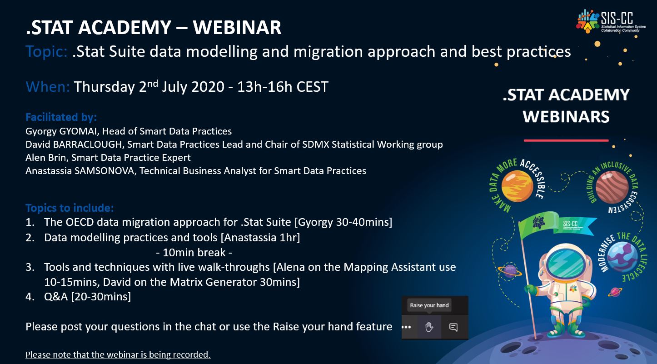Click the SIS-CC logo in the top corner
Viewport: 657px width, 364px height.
tap(611, 21)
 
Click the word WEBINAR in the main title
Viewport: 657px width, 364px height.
tap(237, 28)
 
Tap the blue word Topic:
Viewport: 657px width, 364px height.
tap(47, 52)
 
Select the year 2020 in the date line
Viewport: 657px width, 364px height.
tap(208, 87)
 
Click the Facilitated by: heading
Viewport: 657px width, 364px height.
tap(61, 117)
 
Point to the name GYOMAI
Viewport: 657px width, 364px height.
tap(78, 131)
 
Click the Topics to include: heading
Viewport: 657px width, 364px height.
tap(70, 208)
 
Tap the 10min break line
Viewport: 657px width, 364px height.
tap(194, 252)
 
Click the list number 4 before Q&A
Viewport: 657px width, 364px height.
tap(30, 297)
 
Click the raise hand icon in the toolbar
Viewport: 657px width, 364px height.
tap(429, 327)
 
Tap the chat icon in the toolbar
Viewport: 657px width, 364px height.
tap(453, 327)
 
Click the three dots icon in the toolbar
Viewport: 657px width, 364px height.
tap(406, 327)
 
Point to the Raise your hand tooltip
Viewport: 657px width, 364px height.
tap(429, 305)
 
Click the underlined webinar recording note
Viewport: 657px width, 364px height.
tap(118, 354)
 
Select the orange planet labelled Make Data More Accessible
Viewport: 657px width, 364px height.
tap(517, 186)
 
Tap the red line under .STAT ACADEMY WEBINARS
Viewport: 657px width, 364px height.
tap(566, 140)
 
